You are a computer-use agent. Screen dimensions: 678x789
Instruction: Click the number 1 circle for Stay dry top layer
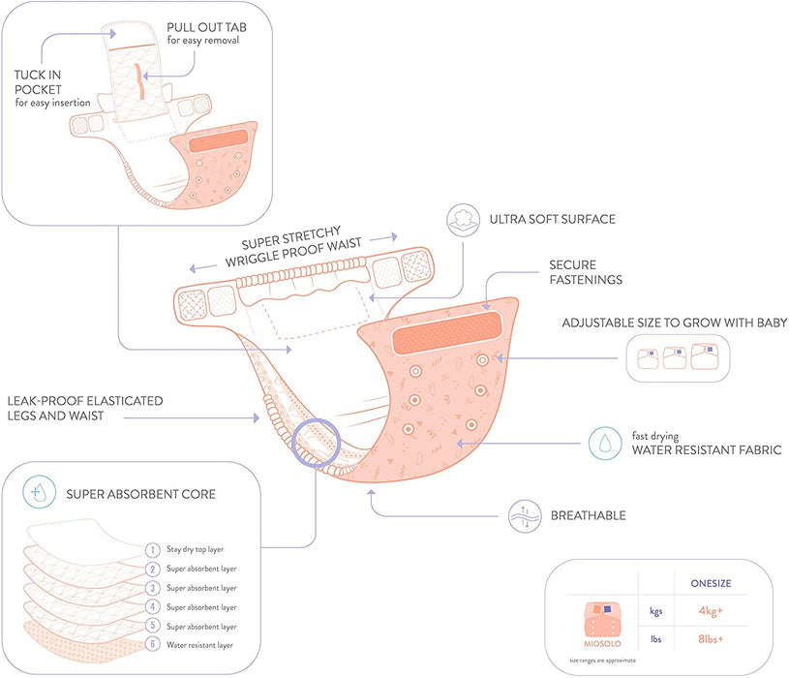click(152, 549)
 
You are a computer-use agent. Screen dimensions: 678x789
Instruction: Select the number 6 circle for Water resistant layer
click(152, 644)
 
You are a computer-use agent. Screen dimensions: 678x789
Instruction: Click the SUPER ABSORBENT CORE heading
click(140, 494)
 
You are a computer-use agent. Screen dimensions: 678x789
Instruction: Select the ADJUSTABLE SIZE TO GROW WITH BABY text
click(674, 322)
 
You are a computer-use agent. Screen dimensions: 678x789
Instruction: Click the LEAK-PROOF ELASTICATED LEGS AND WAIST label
click(85, 409)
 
